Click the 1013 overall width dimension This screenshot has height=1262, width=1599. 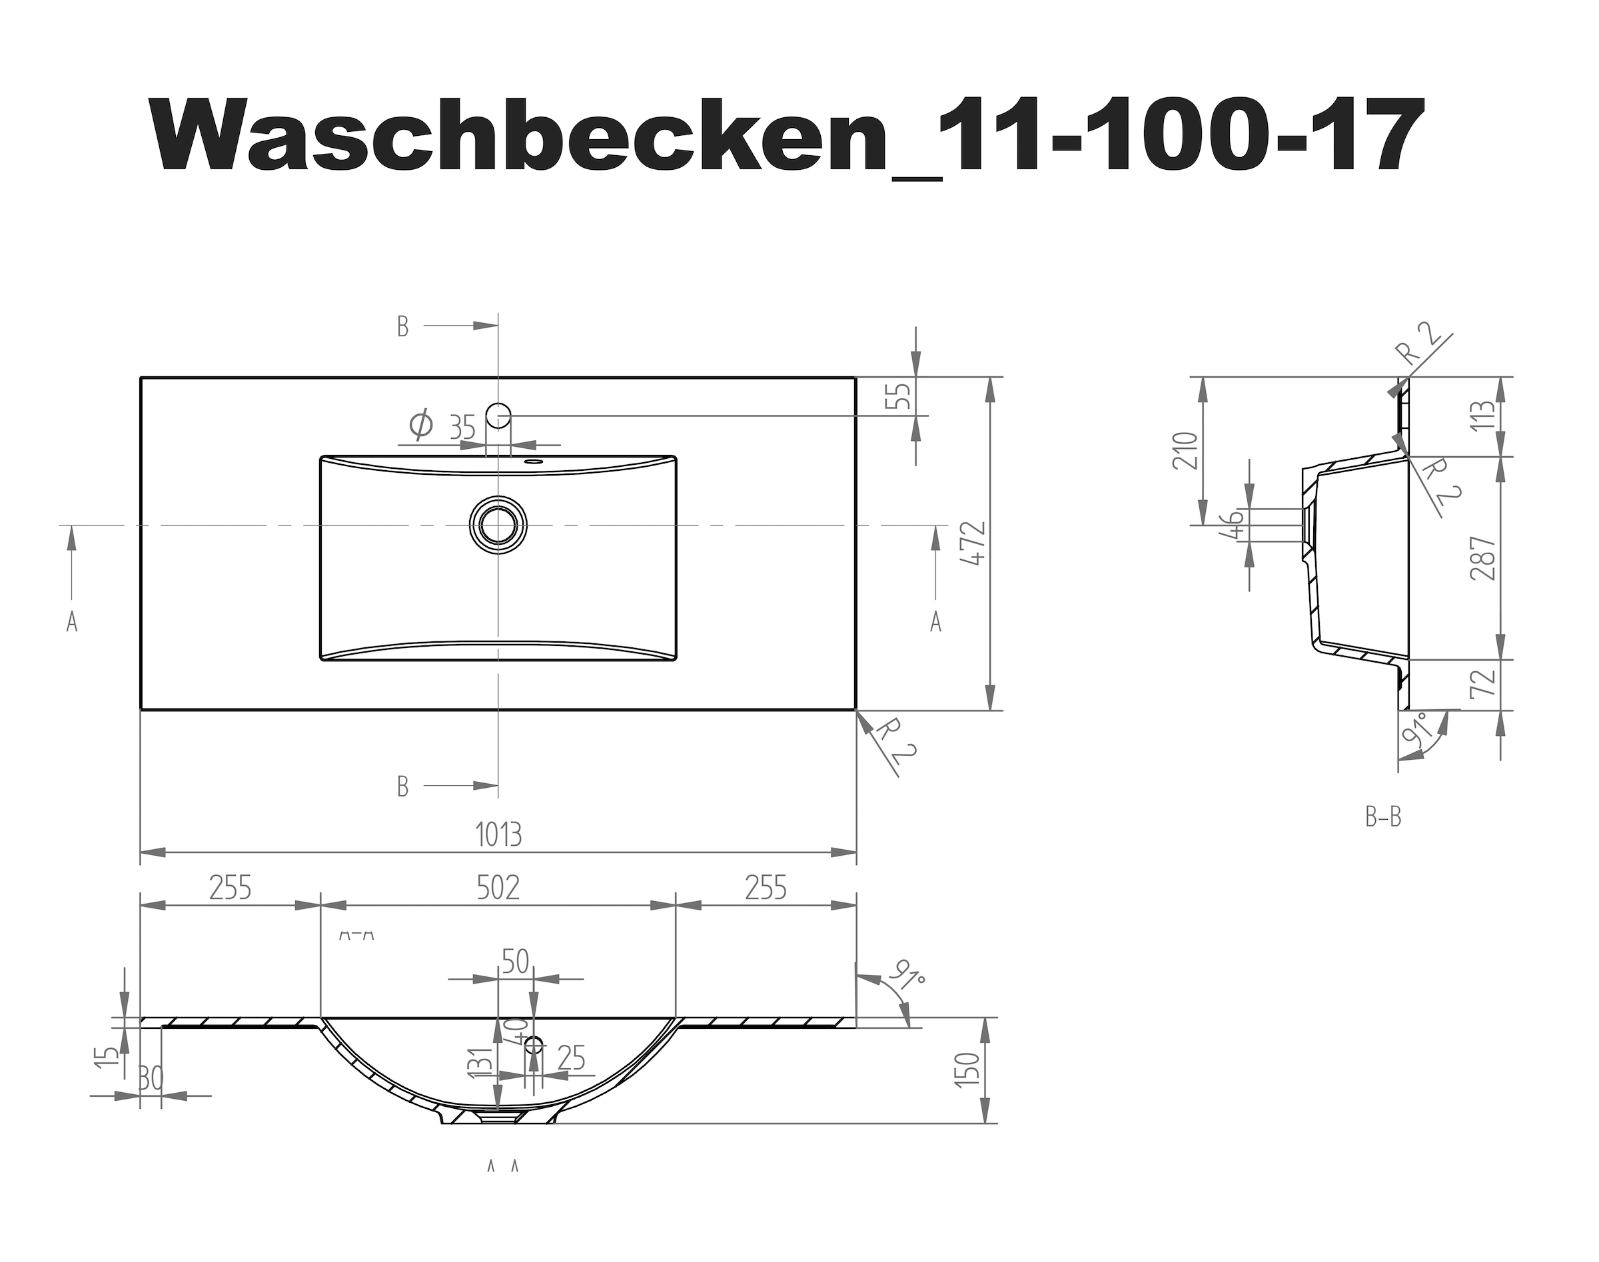(498, 835)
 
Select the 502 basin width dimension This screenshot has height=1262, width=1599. (498, 887)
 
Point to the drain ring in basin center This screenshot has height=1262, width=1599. (498, 525)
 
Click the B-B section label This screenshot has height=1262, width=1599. (1383, 818)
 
